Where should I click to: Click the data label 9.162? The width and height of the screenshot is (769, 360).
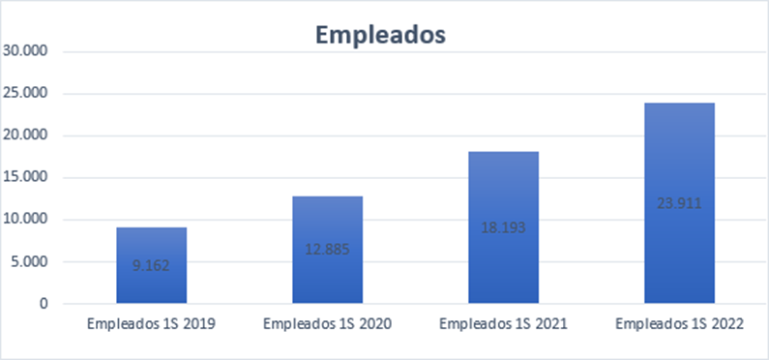(151, 263)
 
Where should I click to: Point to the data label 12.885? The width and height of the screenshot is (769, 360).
(327, 249)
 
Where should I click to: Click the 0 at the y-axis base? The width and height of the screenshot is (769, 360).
(44, 304)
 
